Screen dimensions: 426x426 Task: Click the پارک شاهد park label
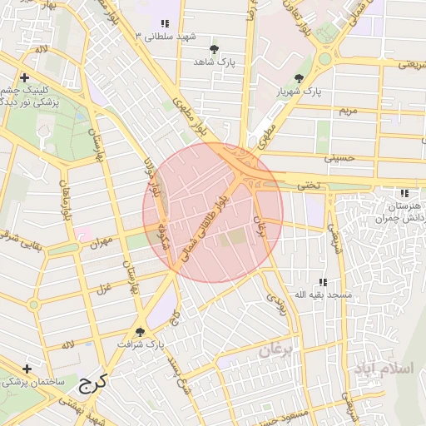point(215,62)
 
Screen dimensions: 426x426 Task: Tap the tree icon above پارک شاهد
point(215,50)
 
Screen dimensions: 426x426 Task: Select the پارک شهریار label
point(299,91)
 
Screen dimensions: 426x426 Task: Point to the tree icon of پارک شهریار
point(299,78)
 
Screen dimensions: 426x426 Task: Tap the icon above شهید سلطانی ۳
point(166,24)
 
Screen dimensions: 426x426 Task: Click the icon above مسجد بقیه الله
point(323,283)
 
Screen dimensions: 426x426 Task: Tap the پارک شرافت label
point(141,344)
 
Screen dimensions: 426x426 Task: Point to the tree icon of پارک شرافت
point(140,331)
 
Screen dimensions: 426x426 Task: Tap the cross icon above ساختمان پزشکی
point(27,369)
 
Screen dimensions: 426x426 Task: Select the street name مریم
point(346,110)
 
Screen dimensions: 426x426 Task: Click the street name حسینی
point(339,156)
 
